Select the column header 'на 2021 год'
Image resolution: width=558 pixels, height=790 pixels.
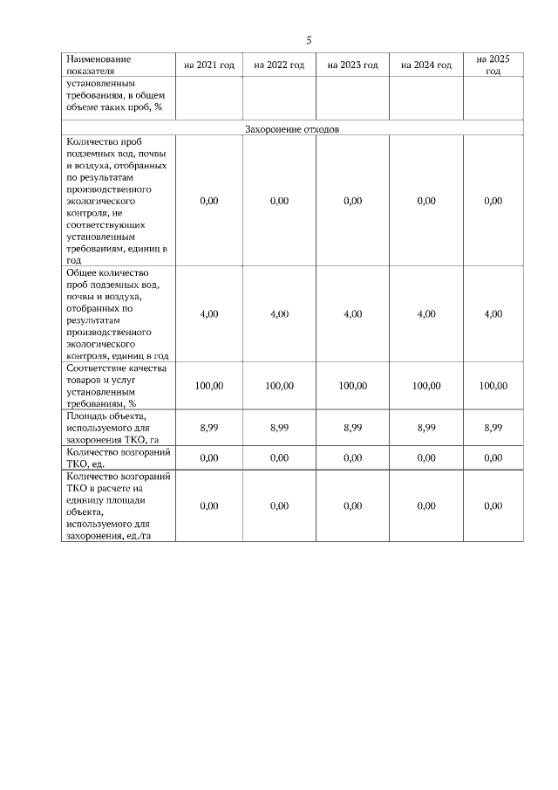(x=209, y=65)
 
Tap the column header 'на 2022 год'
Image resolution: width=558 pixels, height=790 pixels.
(x=279, y=65)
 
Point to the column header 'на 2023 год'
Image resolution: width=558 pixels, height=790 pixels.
(x=352, y=65)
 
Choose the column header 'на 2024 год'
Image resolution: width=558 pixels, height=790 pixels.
(x=425, y=65)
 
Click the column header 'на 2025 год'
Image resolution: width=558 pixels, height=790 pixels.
(x=493, y=65)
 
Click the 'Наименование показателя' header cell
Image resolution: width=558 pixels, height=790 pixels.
(x=98, y=65)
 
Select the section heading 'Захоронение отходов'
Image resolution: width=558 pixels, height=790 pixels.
(x=292, y=128)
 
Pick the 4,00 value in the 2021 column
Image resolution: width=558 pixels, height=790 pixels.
(x=209, y=314)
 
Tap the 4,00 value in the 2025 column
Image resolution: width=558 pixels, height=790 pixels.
(x=493, y=314)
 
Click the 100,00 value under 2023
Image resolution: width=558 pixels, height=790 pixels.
(x=352, y=386)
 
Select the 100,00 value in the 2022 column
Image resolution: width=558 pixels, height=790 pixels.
(x=279, y=386)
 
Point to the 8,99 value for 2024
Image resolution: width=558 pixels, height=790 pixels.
(x=425, y=428)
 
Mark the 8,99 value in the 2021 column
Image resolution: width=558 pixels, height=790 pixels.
(x=209, y=428)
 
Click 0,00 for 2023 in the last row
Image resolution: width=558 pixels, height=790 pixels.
(x=352, y=506)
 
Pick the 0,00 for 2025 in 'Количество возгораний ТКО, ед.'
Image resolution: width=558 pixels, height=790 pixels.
(x=493, y=458)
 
